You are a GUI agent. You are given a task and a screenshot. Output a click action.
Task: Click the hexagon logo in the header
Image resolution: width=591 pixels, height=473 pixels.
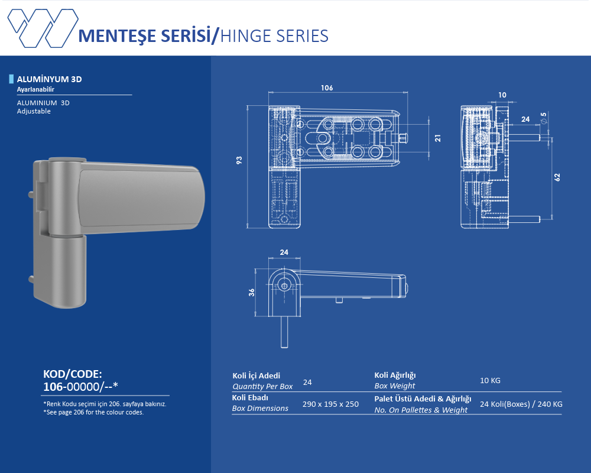[43, 28]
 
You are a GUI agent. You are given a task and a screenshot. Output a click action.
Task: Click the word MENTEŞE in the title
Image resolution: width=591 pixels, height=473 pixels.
[118, 36]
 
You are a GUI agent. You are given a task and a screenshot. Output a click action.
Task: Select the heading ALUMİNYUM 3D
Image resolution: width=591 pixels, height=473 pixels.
[49, 79]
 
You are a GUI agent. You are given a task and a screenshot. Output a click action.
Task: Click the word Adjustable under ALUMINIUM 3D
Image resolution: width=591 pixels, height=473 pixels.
[34, 111]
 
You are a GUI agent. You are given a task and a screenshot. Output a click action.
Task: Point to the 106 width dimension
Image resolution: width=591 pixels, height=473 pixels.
[327, 88]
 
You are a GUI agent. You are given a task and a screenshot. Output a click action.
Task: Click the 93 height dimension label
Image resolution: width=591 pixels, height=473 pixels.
[239, 160]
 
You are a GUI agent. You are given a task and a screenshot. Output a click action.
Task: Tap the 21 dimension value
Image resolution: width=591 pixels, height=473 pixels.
[437, 138]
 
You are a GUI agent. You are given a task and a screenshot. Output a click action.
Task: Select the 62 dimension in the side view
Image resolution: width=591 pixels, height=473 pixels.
[557, 177]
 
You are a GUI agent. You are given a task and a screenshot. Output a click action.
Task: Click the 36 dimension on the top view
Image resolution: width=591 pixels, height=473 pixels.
[251, 292]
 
